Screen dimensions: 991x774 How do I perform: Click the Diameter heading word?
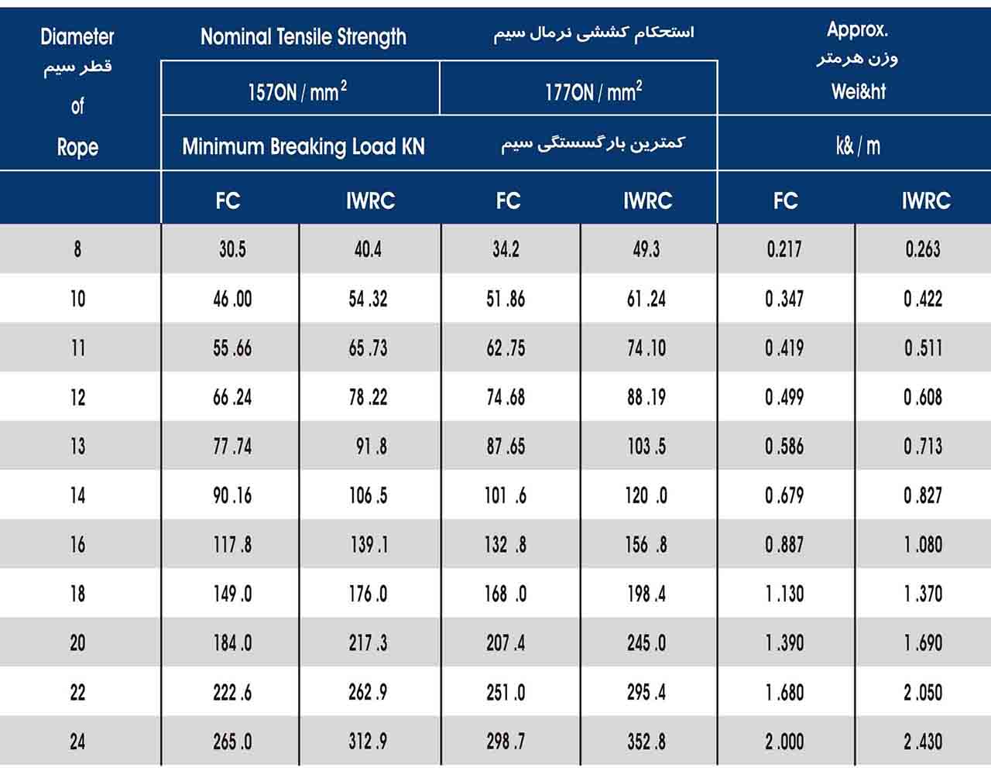click(x=77, y=37)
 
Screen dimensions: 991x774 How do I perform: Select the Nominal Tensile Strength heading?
click(x=303, y=37)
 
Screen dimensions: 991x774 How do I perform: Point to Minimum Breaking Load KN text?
click(x=303, y=147)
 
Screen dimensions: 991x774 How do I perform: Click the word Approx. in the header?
click(x=857, y=30)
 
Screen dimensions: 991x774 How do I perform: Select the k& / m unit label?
click(x=858, y=146)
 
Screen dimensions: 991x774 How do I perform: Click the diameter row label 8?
click(x=77, y=249)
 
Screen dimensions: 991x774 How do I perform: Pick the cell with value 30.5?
click(x=232, y=249)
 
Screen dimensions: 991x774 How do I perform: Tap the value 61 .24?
click(x=646, y=299)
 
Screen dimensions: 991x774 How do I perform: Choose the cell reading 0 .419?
click(x=784, y=348)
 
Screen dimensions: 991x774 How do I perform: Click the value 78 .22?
click(x=368, y=398)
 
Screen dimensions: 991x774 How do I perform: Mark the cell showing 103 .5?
click(x=646, y=447)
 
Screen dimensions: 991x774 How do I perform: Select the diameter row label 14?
click(x=77, y=495)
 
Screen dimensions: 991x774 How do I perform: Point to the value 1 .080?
click(x=924, y=545)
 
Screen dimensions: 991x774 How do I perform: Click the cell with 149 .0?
click(x=232, y=594)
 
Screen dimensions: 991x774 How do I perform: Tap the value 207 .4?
click(x=506, y=643)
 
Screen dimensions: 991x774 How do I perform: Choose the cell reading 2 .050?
click(x=923, y=693)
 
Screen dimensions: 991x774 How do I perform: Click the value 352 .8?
click(x=646, y=741)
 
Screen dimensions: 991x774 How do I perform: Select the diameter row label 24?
click(x=77, y=741)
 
